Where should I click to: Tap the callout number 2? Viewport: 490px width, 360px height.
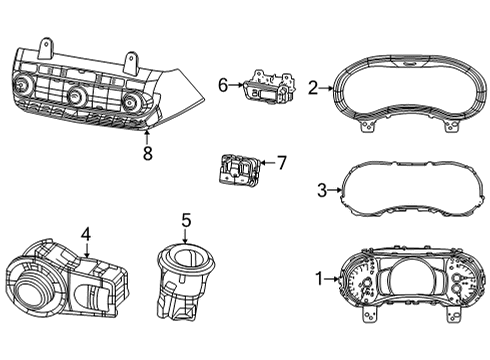coord(312,89)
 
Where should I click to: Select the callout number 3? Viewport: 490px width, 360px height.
coord(321,188)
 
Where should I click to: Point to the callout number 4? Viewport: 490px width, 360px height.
coord(86,236)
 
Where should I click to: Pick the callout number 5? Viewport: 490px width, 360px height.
coord(186,220)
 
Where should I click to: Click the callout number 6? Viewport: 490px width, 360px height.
coord(223,86)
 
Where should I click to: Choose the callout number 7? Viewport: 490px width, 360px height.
coord(281,161)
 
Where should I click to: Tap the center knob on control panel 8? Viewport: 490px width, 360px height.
coord(77,96)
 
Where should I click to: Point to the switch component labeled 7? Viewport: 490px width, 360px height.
coord(237,170)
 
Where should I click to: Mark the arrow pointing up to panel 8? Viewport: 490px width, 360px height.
coord(148,136)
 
